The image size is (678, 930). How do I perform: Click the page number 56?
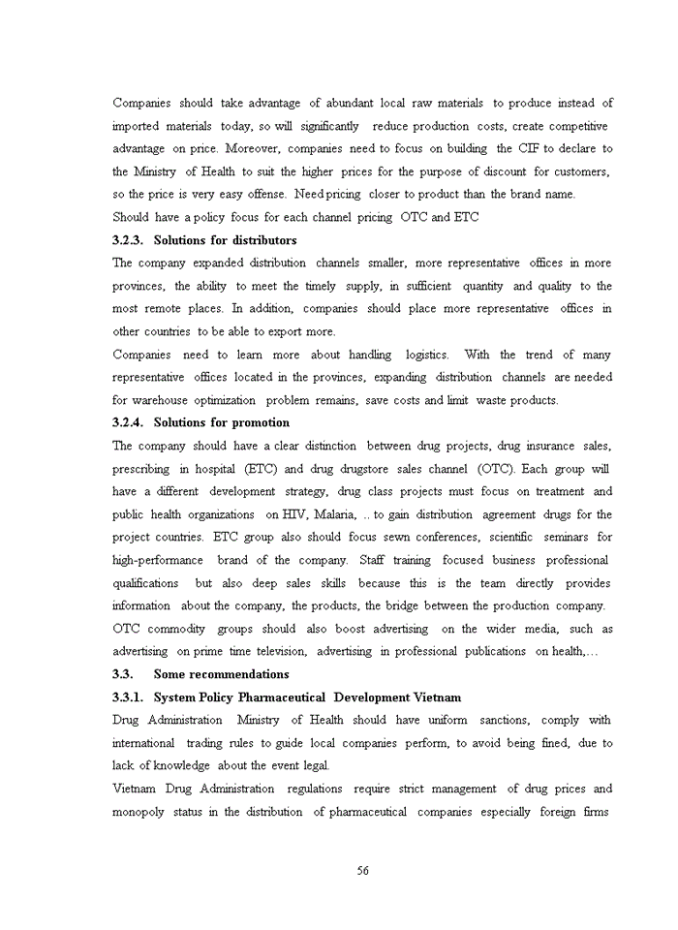(362, 871)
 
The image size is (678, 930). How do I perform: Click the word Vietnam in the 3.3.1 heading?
(436, 697)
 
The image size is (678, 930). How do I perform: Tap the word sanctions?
(507, 721)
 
